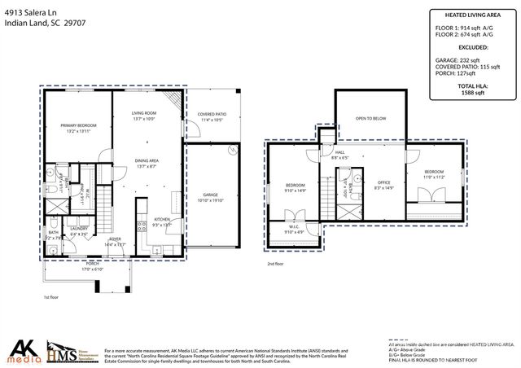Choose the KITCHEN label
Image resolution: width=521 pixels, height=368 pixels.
point(161,222)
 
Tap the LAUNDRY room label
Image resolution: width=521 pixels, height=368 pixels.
point(79,230)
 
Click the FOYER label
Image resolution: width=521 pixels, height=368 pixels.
point(116,242)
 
